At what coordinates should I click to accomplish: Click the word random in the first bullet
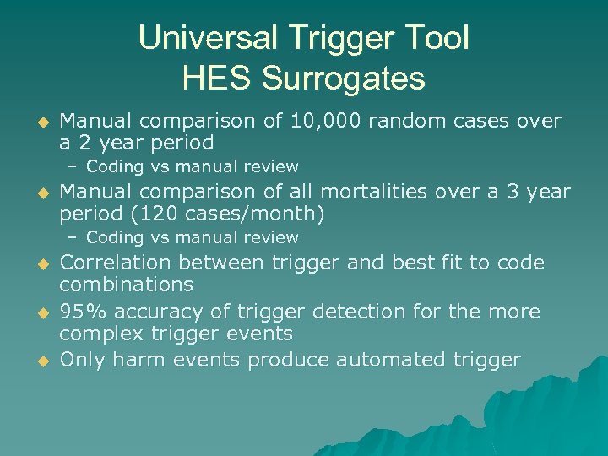pos(397,122)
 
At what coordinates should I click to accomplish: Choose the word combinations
pos(126,285)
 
